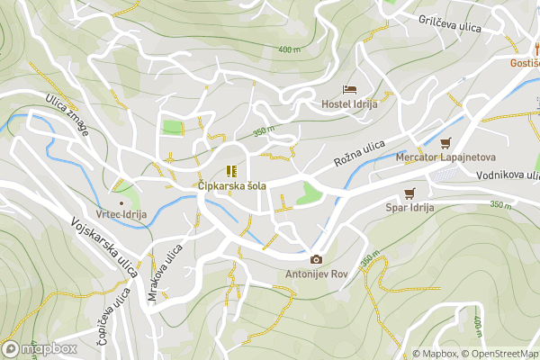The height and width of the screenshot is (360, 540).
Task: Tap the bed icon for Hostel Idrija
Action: tap(349, 89)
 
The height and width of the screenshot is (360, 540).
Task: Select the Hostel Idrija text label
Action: tap(349, 104)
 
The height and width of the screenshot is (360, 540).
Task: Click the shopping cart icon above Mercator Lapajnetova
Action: tap(445, 142)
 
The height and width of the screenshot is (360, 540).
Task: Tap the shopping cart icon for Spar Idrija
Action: tap(410, 193)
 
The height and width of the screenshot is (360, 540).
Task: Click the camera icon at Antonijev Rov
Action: tap(316, 259)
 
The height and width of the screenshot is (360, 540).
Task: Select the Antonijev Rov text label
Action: tap(316, 274)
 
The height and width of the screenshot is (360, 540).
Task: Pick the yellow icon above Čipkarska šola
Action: tap(231, 171)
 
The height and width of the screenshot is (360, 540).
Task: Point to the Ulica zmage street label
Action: tap(67, 114)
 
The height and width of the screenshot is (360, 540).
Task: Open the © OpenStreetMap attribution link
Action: tap(501, 354)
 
